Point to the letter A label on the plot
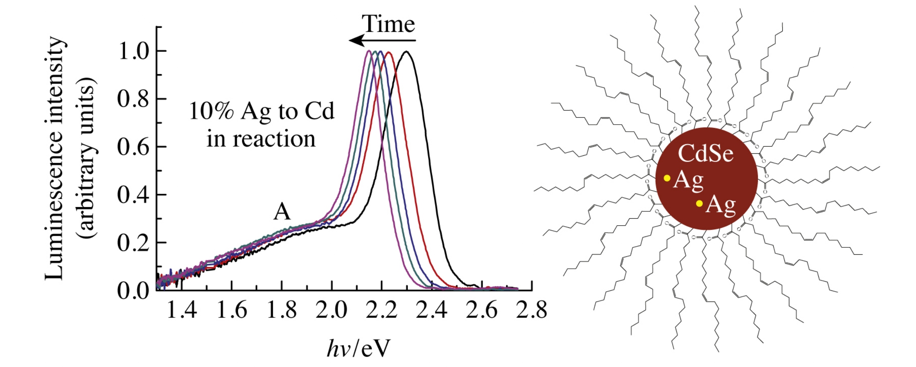282,212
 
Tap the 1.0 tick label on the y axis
133,51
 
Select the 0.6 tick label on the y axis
133,147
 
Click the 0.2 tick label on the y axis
133,243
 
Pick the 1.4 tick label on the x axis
182,310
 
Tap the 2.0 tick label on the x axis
332,310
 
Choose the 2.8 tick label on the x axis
531,310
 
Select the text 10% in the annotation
211,111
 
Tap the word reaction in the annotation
274,139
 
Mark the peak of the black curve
406,52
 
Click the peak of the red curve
388,52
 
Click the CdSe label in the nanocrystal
706,154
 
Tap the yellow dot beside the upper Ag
667,178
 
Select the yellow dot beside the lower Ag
699,203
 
